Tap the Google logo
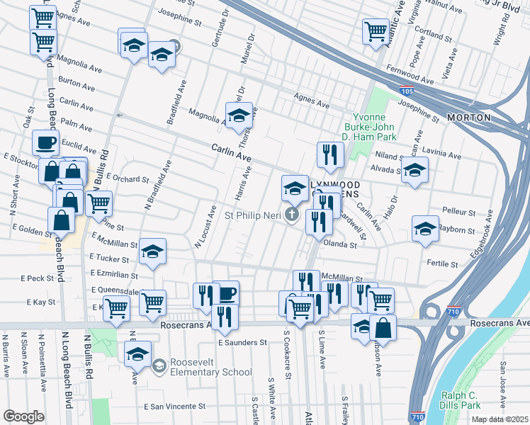click(23, 416)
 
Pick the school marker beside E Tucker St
click(152, 251)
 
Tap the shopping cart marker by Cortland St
click(375, 30)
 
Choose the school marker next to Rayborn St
click(425, 228)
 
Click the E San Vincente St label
click(174, 407)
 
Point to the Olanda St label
click(339, 244)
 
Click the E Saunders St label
click(242, 342)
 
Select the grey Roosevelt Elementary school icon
click(160, 365)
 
